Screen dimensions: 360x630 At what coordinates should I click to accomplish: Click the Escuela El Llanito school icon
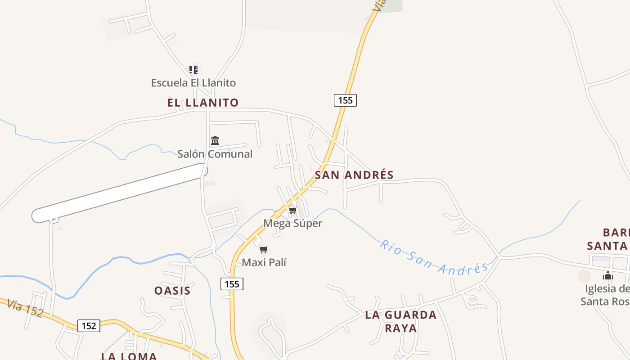click(x=193, y=70)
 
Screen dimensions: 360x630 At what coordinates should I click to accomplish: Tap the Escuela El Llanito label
click(x=193, y=83)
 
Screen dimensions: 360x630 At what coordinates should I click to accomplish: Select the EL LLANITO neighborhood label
click(x=203, y=103)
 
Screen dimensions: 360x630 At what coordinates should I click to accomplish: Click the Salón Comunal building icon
click(x=215, y=141)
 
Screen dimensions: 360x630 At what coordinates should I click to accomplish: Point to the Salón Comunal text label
click(x=215, y=154)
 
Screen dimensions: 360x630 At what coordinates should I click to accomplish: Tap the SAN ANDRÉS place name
click(x=354, y=175)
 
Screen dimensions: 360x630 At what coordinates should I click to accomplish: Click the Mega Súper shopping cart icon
click(x=293, y=211)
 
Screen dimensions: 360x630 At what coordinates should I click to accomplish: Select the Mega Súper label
click(x=293, y=223)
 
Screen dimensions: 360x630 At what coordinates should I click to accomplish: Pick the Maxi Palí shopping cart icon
click(x=264, y=249)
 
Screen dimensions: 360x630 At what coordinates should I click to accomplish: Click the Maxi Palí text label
click(x=264, y=262)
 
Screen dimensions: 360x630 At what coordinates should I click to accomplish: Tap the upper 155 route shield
click(x=345, y=100)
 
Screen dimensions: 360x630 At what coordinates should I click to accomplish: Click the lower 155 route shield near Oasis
click(x=232, y=284)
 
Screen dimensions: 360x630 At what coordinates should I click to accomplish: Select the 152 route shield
click(x=89, y=325)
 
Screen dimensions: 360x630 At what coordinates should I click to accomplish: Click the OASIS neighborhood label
click(x=172, y=291)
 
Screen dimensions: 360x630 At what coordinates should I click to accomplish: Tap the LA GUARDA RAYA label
click(x=400, y=321)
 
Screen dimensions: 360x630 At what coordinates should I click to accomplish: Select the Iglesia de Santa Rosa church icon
click(x=608, y=276)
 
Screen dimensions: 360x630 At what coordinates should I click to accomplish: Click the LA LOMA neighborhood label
click(x=129, y=356)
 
